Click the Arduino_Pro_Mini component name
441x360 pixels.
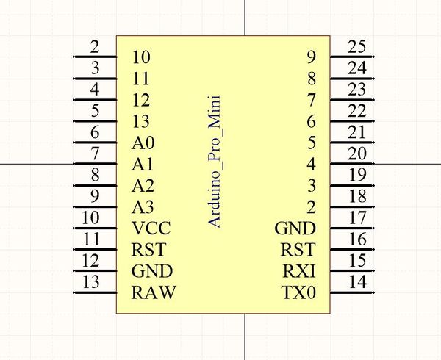pos(215,159)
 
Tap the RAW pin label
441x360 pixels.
pos(154,293)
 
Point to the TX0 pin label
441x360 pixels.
pos(298,293)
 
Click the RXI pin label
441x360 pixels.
pos(299,272)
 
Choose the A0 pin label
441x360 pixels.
pos(143,143)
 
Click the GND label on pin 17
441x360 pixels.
pos(295,228)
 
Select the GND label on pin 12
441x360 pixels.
pos(152,271)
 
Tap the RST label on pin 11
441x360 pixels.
pos(148,250)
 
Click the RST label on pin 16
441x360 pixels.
pos(298,250)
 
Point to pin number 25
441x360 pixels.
pos(357,48)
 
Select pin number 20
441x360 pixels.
pos(357,154)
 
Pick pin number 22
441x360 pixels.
pos(357,112)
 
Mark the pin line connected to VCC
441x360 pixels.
pos(96,228)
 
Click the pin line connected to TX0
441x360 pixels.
pos(353,293)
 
